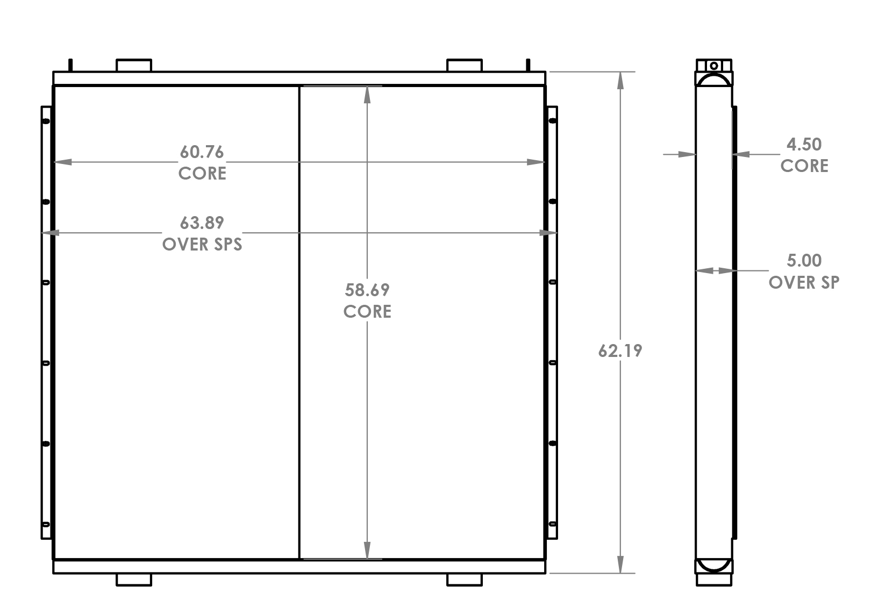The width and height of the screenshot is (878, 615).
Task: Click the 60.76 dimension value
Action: tap(202, 152)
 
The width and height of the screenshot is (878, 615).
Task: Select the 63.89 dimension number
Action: tap(202, 223)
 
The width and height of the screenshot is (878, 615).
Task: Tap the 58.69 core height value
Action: tap(367, 290)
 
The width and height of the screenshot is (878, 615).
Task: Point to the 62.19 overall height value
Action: tap(620, 351)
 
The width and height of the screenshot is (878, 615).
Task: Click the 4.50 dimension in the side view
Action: tap(804, 145)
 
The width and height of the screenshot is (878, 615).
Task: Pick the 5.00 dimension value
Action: tap(804, 261)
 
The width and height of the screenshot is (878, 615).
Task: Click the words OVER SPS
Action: tap(202, 245)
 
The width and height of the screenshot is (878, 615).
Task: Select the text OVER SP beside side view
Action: tap(804, 282)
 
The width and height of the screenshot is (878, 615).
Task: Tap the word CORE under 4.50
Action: tap(804, 166)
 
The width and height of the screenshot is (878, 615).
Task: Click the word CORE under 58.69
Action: tap(367, 312)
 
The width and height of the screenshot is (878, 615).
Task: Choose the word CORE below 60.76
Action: tap(202, 174)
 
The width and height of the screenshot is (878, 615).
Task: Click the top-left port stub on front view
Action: tap(134, 66)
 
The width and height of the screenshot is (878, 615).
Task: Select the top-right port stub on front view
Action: tap(465, 66)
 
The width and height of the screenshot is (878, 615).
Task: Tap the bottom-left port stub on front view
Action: tap(134, 580)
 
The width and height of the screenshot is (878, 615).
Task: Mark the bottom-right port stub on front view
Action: tap(465, 580)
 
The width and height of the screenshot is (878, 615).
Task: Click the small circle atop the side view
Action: tap(714, 66)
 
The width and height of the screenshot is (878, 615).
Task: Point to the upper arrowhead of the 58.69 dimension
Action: tap(367, 95)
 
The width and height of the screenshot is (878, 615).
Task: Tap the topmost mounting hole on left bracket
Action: tap(46, 121)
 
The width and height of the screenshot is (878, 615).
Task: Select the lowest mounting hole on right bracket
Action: tap(552, 524)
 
